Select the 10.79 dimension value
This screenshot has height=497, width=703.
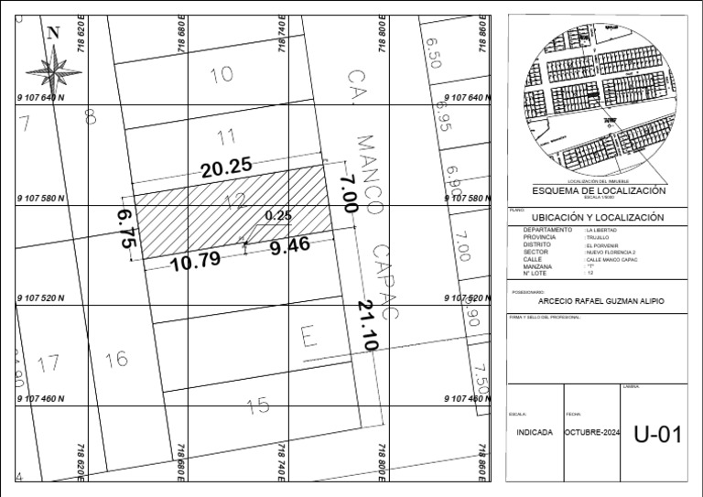(x=195, y=260)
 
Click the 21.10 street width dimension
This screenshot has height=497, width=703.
(x=367, y=326)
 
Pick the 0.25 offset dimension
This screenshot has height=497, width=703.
(x=277, y=216)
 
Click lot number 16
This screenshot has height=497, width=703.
(x=116, y=360)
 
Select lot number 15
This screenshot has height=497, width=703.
(x=259, y=404)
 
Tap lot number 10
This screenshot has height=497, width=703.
(x=221, y=75)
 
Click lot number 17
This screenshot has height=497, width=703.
(x=49, y=363)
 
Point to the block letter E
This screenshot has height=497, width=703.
(x=308, y=340)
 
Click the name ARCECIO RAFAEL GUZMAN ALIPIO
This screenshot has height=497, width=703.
(x=600, y=302)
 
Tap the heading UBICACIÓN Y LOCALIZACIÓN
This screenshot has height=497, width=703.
(x=600, y=218)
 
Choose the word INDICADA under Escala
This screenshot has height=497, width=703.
(x=535, y=432)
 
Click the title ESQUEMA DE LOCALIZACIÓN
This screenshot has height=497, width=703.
(x=600, y=190)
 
